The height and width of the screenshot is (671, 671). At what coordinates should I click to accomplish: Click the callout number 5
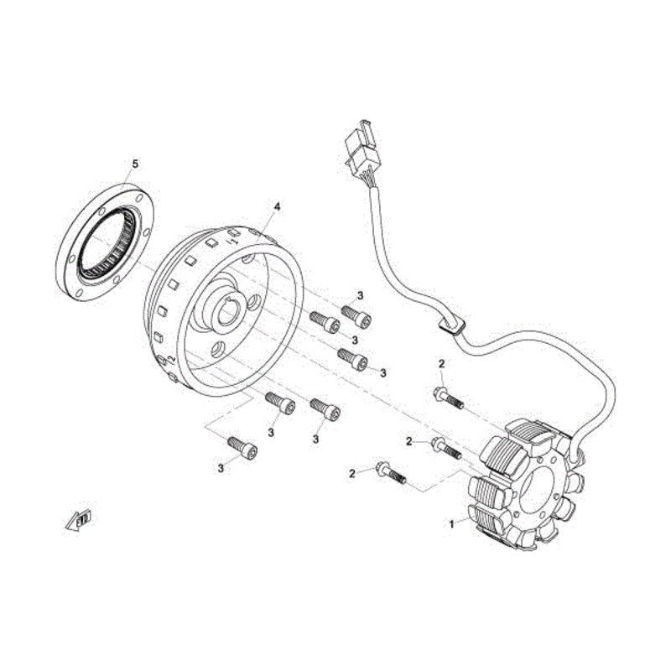(x=134, y=163)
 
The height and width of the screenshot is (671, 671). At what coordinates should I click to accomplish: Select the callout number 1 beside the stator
(x=452, y=523)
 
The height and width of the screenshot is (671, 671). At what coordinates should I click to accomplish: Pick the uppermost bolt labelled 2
(x=450, y=398)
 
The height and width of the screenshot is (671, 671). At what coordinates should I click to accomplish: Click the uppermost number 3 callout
(x=360, y=295)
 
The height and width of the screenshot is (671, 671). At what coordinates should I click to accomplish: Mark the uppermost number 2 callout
(x=441, y=362)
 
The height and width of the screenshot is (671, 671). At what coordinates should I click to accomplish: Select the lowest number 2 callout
(x=352, y=474)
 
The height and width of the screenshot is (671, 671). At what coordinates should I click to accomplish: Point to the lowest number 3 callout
(x=221, y=468)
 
